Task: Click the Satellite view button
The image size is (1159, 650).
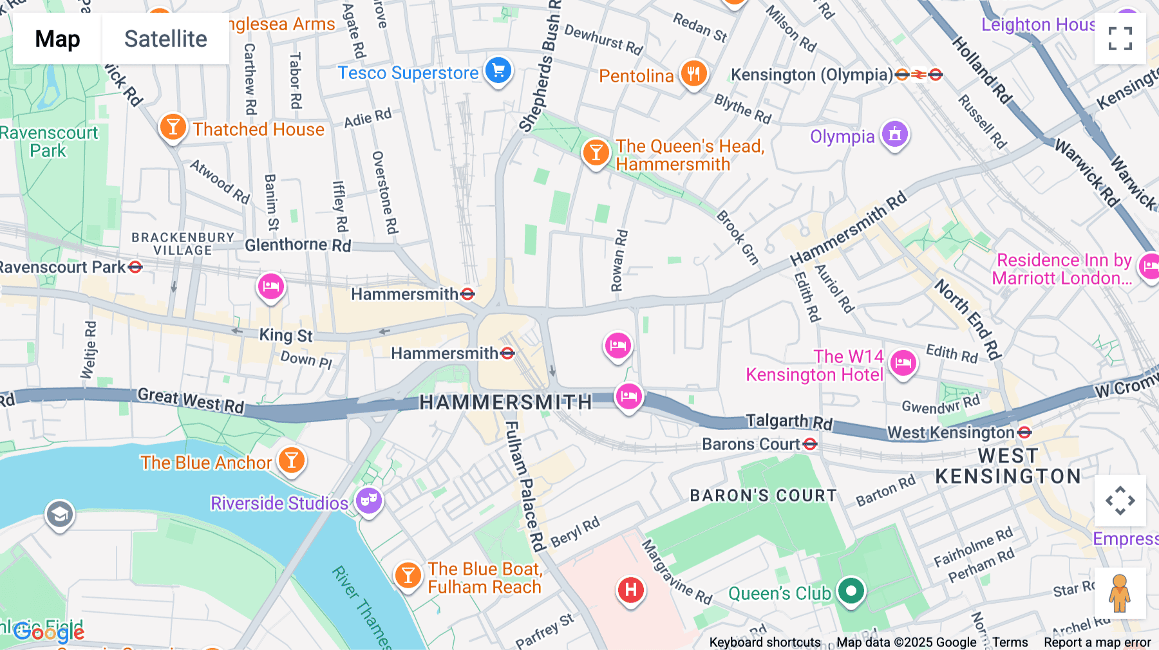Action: click(165, 39)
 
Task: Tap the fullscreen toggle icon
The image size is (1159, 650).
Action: click(1120, 39)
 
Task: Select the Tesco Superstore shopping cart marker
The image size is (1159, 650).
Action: click(498, 71)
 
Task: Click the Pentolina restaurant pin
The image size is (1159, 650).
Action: click(693, 74)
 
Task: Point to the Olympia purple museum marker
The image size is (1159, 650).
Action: click(895, 135)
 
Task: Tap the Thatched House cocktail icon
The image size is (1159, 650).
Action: click(173, 127)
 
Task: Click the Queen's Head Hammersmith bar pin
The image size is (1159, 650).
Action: click(596, 153)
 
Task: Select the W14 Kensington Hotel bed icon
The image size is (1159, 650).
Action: click(903, 363)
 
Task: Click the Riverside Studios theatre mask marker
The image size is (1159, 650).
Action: click(369, 500)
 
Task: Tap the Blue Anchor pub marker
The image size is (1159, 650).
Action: click(292, 460)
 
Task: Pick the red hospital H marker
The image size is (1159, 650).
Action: click(631, 589)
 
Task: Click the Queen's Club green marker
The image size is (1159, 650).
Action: click(851, 590)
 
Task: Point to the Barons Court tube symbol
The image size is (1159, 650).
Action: click(811, 444)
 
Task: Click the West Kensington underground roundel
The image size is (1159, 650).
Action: click(1025, 432)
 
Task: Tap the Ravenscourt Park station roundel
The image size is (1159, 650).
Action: click(135, 266)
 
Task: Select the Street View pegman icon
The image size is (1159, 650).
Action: click(1120, 593)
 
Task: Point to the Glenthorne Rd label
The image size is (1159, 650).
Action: click(297, 245)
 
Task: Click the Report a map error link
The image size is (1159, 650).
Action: click(1097, 642)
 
